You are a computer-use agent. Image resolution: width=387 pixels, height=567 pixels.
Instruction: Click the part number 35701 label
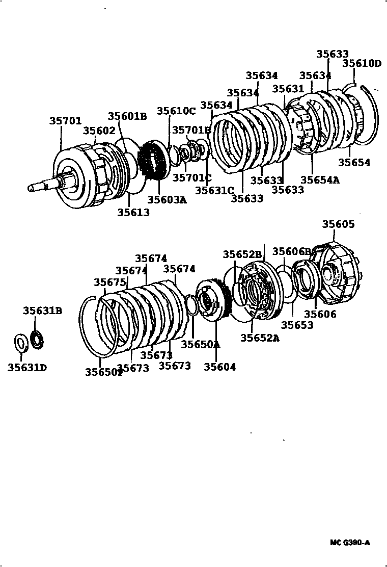point(65,121)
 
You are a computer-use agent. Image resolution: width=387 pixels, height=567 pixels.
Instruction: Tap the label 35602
point(99,131)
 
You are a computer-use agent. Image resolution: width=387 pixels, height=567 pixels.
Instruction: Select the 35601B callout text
point(127,116)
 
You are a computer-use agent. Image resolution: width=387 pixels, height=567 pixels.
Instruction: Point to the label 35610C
point(176,111)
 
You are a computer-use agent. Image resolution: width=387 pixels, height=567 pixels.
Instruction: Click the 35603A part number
point(167,199)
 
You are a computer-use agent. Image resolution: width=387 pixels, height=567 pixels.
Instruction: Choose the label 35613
point(133,212)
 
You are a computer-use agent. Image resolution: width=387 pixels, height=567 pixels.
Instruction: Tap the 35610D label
point(361,63)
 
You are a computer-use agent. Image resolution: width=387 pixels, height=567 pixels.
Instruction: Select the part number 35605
point(338,224)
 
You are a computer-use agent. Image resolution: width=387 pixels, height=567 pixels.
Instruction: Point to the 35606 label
point(320,314)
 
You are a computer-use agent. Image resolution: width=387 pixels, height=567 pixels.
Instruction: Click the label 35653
point(297,325)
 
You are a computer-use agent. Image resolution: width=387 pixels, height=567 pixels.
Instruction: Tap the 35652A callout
point(260,337)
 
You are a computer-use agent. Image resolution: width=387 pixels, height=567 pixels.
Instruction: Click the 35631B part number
point(42,310)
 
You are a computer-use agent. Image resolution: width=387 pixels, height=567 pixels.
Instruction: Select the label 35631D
point(27,367)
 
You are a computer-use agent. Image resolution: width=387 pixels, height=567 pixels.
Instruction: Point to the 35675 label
point(109,282)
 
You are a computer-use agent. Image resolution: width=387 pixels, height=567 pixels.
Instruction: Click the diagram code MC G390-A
point(350,543)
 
